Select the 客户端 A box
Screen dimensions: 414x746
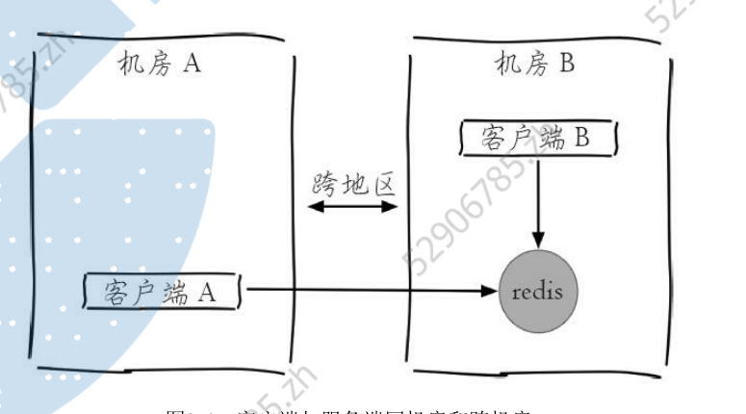pos(162,290)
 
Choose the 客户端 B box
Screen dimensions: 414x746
pos(534,138)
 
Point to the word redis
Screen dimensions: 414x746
pos(538,290)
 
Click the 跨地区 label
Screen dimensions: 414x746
pos(354,182)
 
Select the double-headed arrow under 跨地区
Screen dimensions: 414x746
pos(354,206)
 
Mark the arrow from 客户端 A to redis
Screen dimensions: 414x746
pos(366,289)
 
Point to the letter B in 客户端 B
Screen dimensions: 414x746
pos(582,138)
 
